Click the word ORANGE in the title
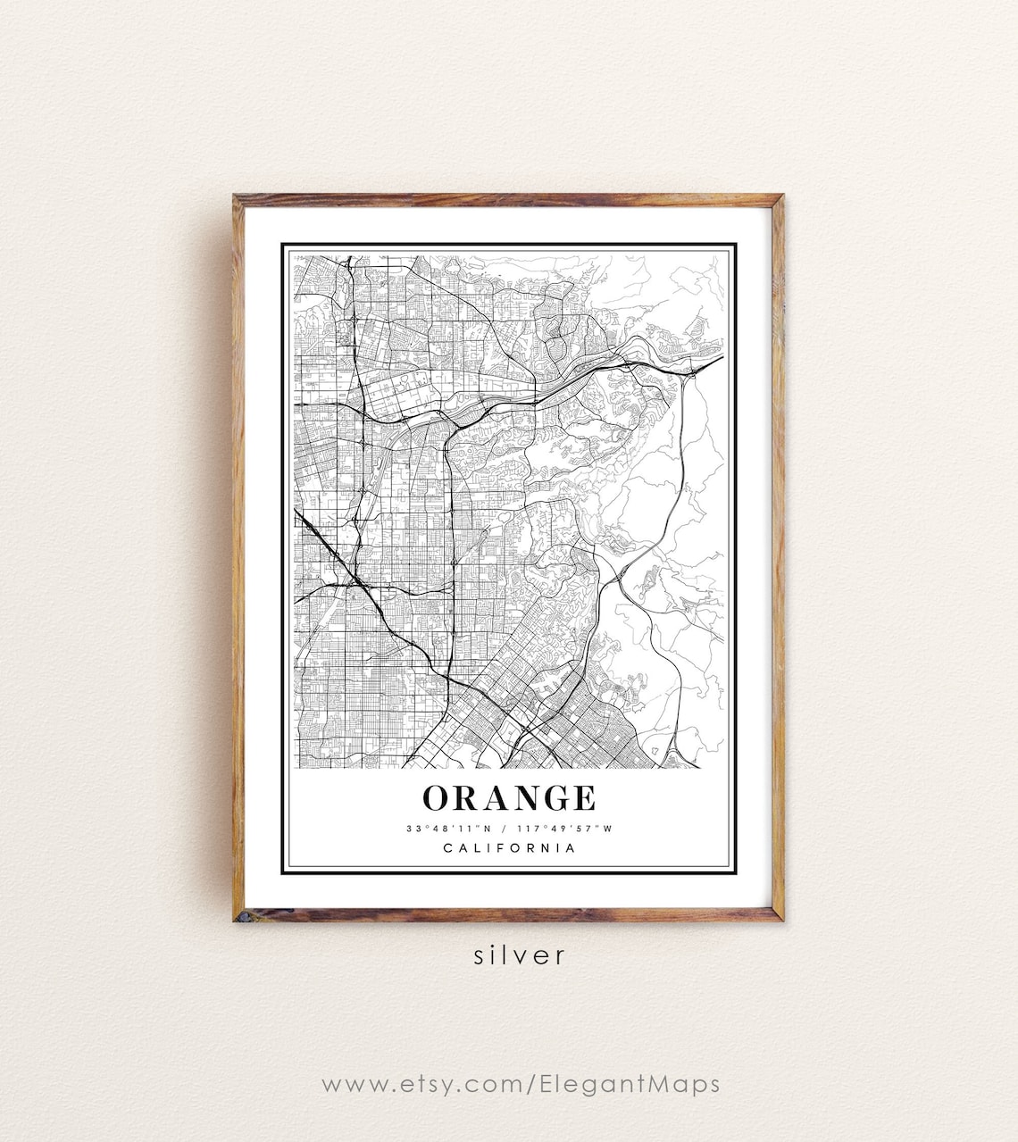pyautogui.click(x=509, y=797)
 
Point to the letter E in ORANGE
pyautogui.click(x=583, y=797)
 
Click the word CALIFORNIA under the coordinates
pyautogui.click(x=509, y=848)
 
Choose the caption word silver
pyautogui.click(x=520, y=955)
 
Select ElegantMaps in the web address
pyautogui.click(x=630, y=1085)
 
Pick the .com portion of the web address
pyautogui.click(x=498, y=1085)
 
